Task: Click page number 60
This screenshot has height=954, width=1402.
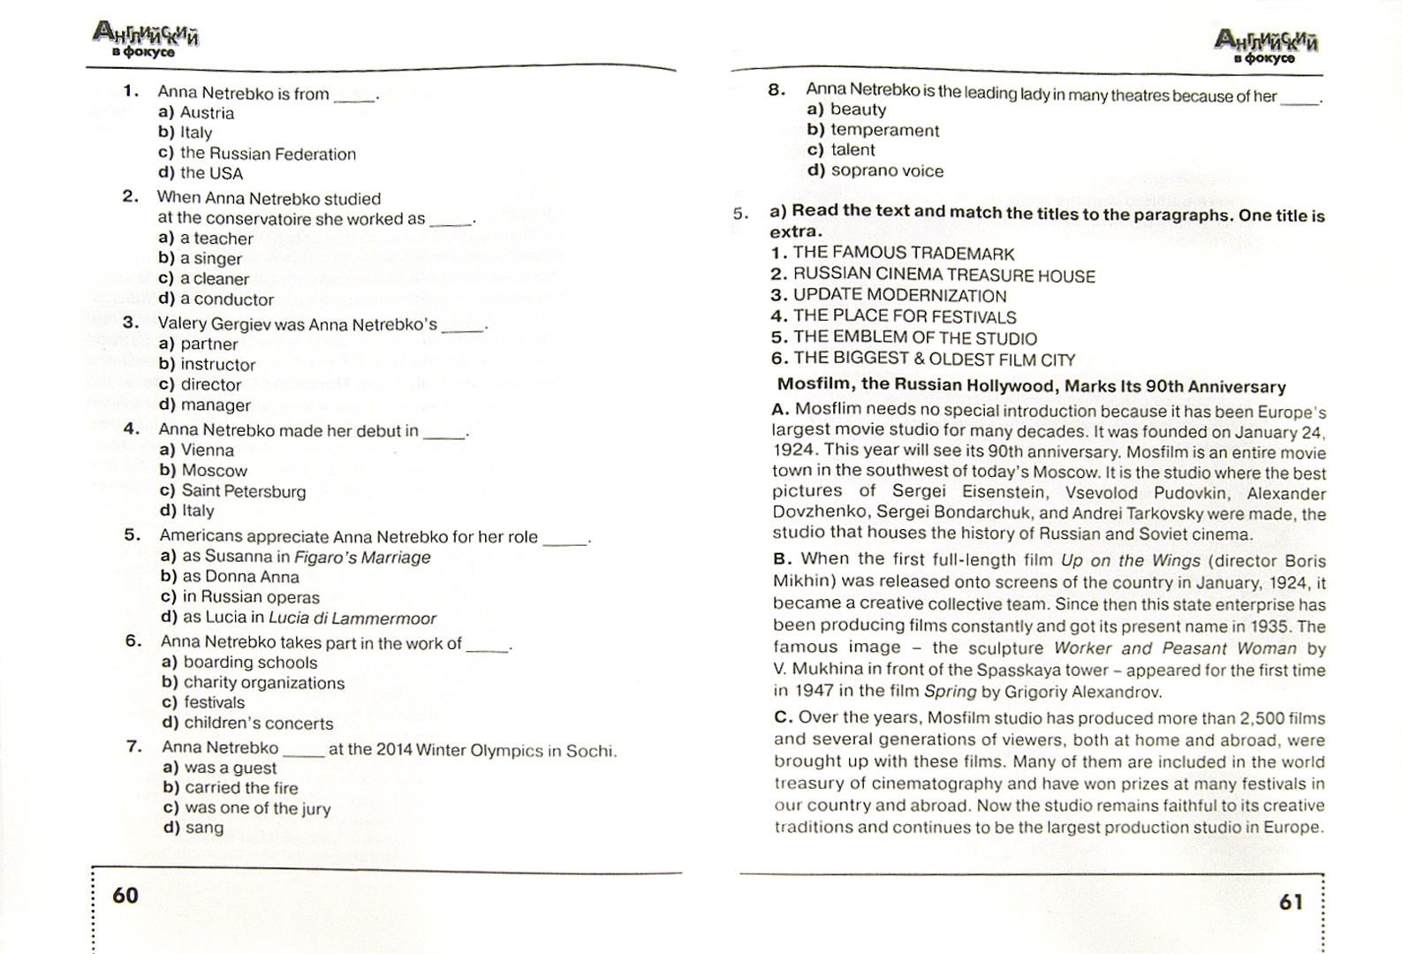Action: click(x=125, y=896)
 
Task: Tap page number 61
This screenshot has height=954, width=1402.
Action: click(x=1291, y=902)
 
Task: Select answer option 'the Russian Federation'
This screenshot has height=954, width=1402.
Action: click(x=268, y=154)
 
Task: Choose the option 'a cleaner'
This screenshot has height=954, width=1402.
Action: click(x=214, y=279)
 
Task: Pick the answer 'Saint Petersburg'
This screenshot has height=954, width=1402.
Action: click(x=243, y=491)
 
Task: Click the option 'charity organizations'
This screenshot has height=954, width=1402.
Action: click(x=263, y=683)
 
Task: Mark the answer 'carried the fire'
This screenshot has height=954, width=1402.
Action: click(x=240, y=788)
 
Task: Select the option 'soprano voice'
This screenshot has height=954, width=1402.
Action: click(x=886, y=170)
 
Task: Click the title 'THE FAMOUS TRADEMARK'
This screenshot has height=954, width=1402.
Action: click(x=903, y=254)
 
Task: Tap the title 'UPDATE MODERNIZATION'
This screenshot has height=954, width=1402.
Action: click(x=898, y=296)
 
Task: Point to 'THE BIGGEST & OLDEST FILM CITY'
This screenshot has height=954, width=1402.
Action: click(x=933, y=360)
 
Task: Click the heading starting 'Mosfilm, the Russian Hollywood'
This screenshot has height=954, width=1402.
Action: click(x=1031, y=386)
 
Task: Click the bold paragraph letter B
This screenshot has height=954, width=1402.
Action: click(x=781, y=559)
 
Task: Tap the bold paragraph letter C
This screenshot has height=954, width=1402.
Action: click(x=782, y=718)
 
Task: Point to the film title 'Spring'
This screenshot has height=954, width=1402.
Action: click(x=950, y=692)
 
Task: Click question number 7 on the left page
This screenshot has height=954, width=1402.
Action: click(x=134, y=747)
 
